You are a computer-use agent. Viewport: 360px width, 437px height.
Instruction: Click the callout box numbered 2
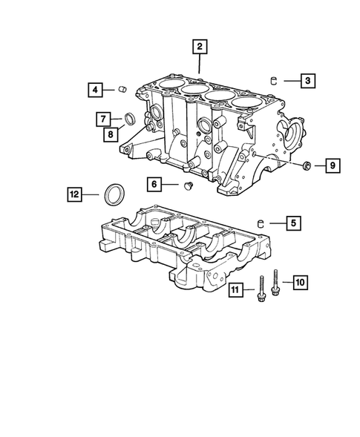(198, 47)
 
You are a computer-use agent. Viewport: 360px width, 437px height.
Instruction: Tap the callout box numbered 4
(94, 91)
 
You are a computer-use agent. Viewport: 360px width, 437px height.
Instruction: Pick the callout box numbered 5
(293, 221)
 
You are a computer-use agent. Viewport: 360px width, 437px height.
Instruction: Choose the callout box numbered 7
(106, 119)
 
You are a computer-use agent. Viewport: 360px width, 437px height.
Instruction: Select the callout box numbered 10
(300, 281)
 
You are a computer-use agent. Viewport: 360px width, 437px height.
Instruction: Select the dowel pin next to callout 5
(261, 221)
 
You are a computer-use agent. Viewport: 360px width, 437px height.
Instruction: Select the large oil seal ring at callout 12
(114, 194)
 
